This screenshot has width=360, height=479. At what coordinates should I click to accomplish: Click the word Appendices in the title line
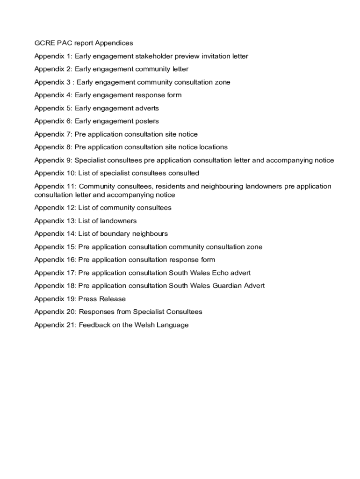pyautogui.click(x=114, y=43)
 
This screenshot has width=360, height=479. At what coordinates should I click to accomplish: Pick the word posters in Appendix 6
pyautogui.click(x=147, y=121)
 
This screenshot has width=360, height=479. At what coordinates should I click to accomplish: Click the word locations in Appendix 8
pyautogui.click(x=213, y=147)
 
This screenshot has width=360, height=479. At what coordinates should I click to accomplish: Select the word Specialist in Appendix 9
pyautogui.click(x=90, y=160)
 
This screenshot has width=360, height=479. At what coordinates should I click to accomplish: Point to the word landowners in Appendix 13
pyautogui.click(x=119, y=221)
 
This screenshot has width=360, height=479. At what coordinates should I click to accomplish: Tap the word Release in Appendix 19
pyautogui.click(x=113, y=298)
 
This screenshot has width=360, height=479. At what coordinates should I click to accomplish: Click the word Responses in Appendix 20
pyautogui.click(x=95, y=312)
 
